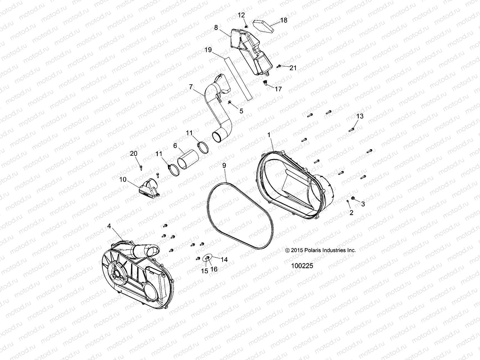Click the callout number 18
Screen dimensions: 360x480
coord(283,20)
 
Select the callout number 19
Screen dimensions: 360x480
coord(216,50)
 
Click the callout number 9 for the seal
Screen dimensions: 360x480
coord(224,165)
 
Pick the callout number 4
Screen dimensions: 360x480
coord(109,226)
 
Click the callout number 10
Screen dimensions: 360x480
coord(123,180)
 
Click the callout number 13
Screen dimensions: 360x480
coord(360,116)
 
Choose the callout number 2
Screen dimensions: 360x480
coord(351,213)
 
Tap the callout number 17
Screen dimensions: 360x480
coord(278,89)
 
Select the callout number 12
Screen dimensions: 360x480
coord(241,15)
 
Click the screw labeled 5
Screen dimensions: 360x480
coord(230,103)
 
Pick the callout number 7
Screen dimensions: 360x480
coord(191,87)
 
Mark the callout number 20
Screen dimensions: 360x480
coord(133,154)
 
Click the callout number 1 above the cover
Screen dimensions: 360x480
coord(269,135)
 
